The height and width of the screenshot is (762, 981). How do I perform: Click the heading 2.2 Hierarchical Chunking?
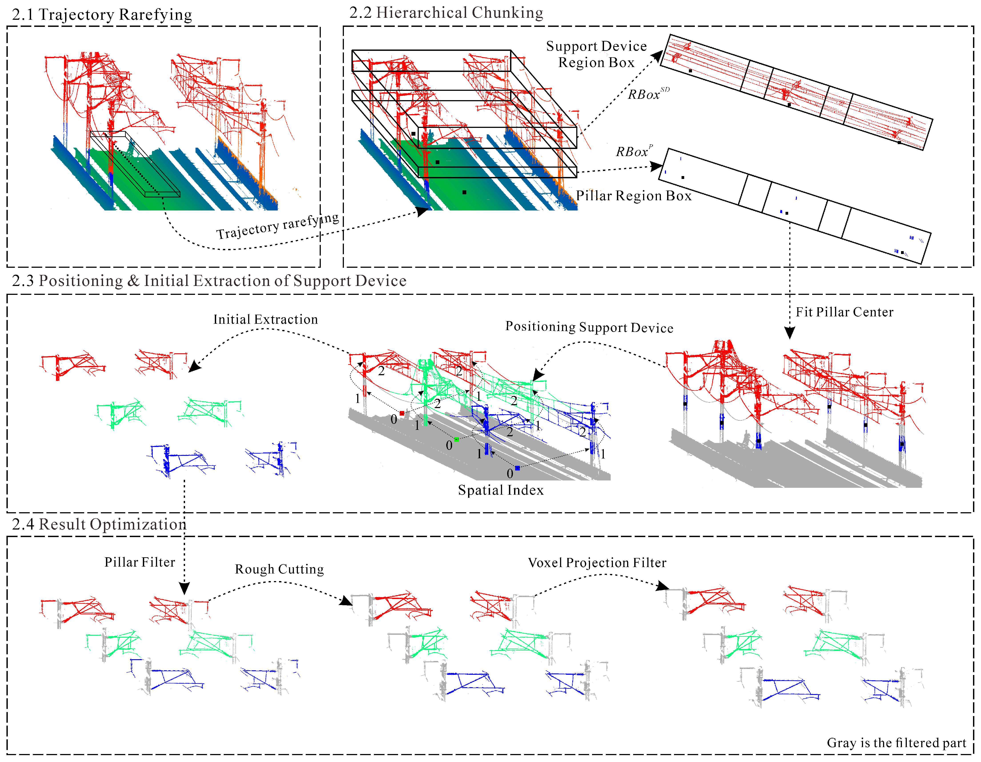[x=446, y=13]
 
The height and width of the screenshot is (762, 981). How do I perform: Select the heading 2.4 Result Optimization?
[x=99, y=524]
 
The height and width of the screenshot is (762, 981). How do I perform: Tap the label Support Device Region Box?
[x=596, y=54]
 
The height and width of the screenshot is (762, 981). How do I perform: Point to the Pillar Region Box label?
[x=633, y=196]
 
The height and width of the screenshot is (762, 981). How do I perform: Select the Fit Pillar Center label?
[x=844, y=312]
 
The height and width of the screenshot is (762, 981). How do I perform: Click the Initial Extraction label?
[x=265, y=319]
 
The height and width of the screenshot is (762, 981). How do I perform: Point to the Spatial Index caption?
[x=500, y=490]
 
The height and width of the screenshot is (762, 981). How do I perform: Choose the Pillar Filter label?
[x=140, y=562]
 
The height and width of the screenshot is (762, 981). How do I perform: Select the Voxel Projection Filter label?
[x=597, y=563]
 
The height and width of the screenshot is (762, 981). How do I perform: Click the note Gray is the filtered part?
[x=896, y=743]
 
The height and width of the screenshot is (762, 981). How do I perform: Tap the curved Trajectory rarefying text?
[x=278, y=227]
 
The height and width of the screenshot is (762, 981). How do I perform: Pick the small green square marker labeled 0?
[x=456, y=439]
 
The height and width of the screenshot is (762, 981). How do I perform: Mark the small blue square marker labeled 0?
[x=517, y=468]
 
